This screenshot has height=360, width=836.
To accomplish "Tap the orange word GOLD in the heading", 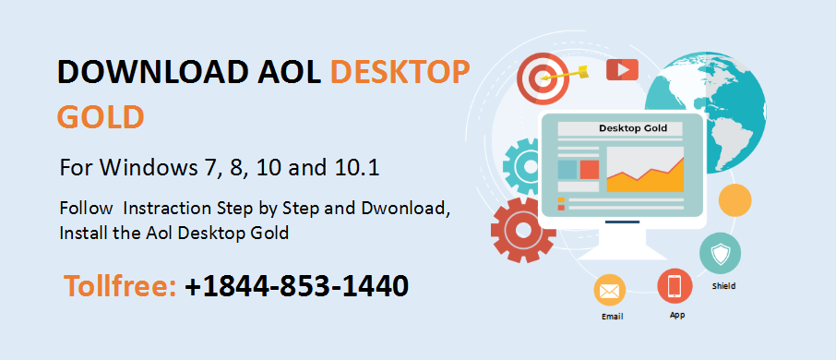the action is [101, 118].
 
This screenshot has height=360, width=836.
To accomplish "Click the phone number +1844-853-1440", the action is [296, 286].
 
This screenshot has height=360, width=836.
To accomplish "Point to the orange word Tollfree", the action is [121, 286].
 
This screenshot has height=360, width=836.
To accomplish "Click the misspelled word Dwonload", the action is [410, 209].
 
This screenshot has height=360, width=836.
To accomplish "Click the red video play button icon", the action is [622, 70].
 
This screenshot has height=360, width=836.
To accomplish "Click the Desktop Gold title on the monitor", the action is [633, 128].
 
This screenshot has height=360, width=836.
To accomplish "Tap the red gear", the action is [521, 230].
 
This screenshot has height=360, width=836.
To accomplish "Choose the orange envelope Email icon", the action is [609, 291].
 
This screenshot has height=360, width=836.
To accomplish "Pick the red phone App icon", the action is [675, 286].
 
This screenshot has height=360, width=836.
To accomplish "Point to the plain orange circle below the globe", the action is [734, 200].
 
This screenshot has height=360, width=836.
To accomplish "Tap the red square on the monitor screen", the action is [589, 169].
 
